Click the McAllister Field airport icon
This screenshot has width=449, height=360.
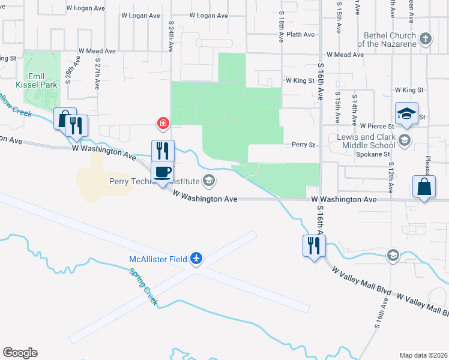pos(196,259)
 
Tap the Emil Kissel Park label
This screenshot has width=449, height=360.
pos(41,80)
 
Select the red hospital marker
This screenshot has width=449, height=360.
pos(162,124)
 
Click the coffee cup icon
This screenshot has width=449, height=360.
pos(162,173)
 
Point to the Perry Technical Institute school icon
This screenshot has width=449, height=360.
pos(209,179)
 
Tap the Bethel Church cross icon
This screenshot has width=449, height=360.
pos(426,40)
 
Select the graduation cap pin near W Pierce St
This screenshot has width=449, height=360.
pos(406,113)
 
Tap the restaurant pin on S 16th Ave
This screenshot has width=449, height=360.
pos(313,245)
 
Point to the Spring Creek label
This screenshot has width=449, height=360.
pos(145,286)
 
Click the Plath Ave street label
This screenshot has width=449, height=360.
pos(301,35)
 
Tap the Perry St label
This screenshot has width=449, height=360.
pos(303,145)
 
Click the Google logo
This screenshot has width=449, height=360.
pos(20,353)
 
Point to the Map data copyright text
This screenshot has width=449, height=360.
pos(423,355)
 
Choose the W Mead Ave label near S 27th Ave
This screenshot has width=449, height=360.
pos(96,51)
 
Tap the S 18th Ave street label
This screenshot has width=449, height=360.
pos(280,29)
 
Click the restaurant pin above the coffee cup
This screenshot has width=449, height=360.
pos(162,150)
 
